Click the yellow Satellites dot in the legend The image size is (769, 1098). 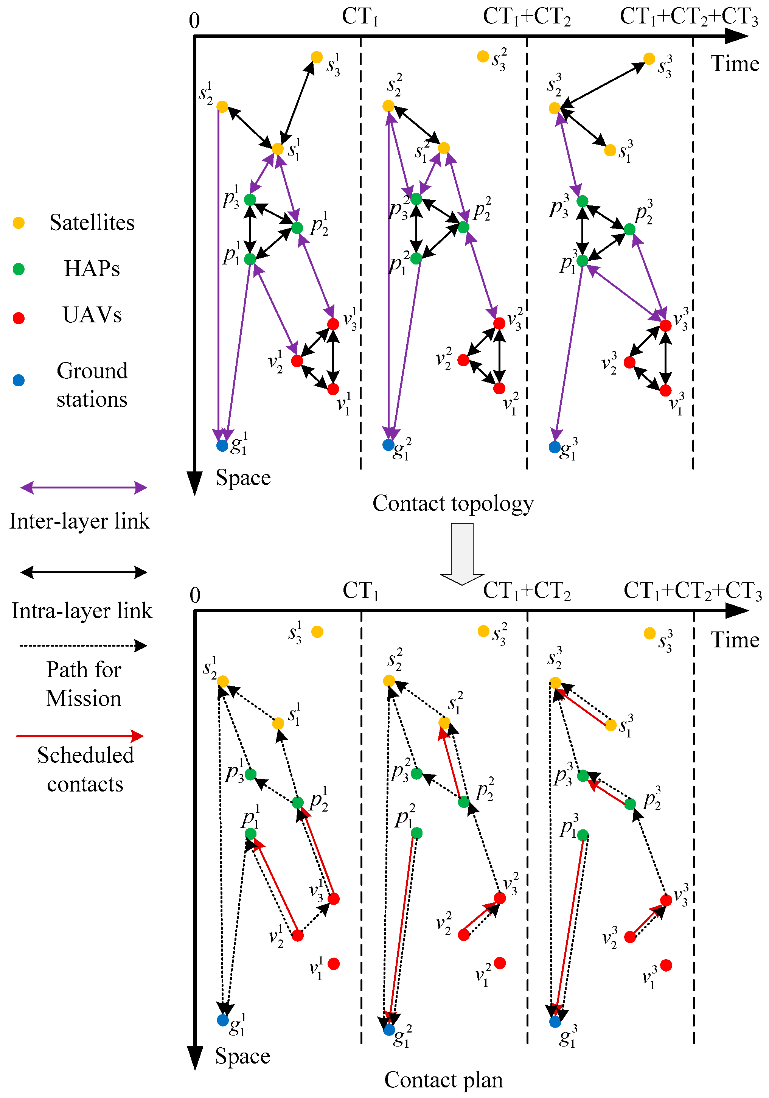point(19,223)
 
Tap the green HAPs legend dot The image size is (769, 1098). point(19,269)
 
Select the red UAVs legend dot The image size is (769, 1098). point(19,318)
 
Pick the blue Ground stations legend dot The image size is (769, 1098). point(19,380)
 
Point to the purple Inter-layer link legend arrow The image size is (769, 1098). point(84,488)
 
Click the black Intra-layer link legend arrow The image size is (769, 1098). point(84,572)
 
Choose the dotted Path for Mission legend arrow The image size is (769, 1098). point(84,646)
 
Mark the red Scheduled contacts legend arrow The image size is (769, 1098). point(80,736)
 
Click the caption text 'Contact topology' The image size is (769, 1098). point(453,504)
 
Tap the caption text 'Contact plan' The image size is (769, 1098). point(443,1080)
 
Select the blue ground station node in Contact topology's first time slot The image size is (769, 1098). point(222,446)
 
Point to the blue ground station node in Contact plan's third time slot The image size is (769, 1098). point(555,1022)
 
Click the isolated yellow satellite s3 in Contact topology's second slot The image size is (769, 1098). point(483,57)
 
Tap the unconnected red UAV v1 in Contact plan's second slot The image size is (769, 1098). point(500,963)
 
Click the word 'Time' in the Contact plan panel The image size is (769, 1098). point(735,640)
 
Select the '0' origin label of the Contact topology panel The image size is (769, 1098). point(194,20)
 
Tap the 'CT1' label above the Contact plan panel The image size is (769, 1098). point(360,591)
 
